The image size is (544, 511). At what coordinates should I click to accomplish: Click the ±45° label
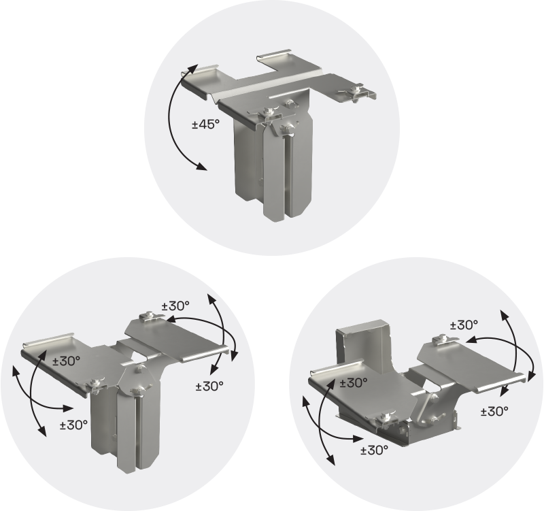pyautogui.click(x=206, y=124)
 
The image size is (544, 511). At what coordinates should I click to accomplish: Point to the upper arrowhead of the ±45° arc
pyautogui.click(x=193, y=69)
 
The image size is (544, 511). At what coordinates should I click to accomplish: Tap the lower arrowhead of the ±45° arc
pyautogui.click(x=201, y=167)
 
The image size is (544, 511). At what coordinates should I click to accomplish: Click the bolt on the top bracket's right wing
pyautogui.click(x=355, y=90)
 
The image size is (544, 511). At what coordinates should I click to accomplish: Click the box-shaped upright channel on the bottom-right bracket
pyautogui.click(x=363, y=346)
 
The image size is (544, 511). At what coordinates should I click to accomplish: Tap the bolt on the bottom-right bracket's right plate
pyautogui.click(x=442, y=339)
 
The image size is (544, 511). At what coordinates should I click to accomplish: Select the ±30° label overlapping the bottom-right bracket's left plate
pyautogui.click(x=354, y=383)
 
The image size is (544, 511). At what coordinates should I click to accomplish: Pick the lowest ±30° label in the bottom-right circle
pyautogui.click(x=375, y=450)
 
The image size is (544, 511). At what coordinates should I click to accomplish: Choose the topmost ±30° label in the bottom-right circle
pyautogui.click(x=464, y=325)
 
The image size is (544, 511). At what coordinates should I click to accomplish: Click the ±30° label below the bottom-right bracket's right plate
pyautogui.click(x=494, y=412)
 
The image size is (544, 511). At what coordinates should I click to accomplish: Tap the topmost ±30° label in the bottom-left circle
pyautogui.click(x=175, y=306)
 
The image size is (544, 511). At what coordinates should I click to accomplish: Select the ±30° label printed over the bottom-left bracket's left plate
pyautogui.click(x=66, y=361)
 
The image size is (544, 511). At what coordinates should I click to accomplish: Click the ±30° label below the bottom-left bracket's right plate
pyautogui.click(x=209, y=386)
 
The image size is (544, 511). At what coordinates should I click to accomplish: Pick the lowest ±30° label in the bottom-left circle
pyautogui.click(x=73, y=425)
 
